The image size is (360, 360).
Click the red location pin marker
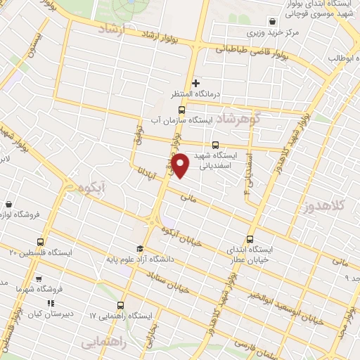click(x=181, y=164)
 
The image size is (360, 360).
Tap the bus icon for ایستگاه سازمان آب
click(x=182, y=110)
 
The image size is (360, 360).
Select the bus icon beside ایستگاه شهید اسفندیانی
click(x=225, y=146)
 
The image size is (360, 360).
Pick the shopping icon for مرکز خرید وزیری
click(x=271, y=22)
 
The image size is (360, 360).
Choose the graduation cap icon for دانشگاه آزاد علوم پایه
click(x=140, y=248)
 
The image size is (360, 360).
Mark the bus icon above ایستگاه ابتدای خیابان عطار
click(x=250, y=238)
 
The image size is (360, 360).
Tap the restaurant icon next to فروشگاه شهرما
click(x=39, y=279)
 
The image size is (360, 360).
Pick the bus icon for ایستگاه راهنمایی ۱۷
click(x=122, y=305)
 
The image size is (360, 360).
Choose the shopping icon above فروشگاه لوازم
click(x=8, y=203)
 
